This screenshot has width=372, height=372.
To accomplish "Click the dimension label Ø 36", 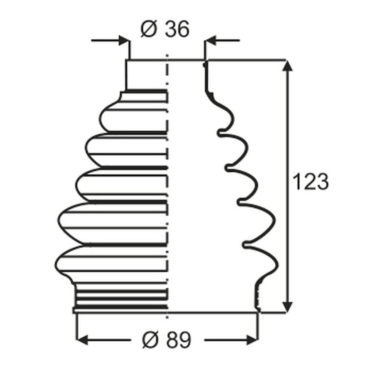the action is point(165,29).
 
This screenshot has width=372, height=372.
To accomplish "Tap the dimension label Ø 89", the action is point(166,340).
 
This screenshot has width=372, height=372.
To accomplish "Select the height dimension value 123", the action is point(311,182).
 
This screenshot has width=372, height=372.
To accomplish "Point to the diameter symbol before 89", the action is point(150,340).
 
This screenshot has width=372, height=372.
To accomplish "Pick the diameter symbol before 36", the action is point(149,29).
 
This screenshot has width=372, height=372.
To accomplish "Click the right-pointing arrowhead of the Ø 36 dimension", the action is point(124,41).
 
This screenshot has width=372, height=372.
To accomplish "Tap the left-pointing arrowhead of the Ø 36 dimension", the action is point(210,41).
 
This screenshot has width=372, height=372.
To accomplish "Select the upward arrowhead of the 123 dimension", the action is point(287,66).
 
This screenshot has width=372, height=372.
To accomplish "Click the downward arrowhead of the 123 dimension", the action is point(287,307).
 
